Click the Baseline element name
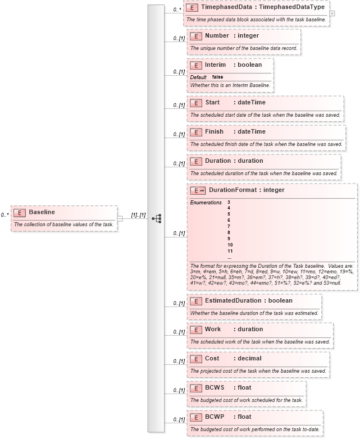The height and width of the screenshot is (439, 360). tap(42, 212)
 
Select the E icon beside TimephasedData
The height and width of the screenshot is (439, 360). tap(192, 8)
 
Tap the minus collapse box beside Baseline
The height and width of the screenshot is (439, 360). tap(120, 218)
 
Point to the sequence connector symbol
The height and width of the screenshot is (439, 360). tap(157, 218)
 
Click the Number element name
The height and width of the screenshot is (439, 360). tap(216, 35)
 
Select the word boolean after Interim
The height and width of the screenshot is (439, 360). tap(249, 65)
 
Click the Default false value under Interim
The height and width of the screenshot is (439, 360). tap(217, 77)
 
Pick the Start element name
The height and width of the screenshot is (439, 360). tap(212, 102)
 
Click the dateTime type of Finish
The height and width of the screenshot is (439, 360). tap(252, 131)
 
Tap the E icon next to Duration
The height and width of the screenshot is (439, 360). tap(195, 161)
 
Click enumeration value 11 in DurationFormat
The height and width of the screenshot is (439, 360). tap(230, 251)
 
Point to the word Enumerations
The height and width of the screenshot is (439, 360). tap(206, 203)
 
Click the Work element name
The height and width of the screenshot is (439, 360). tap(212, 329)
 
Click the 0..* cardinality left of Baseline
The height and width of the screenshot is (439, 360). tap(4, 214)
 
